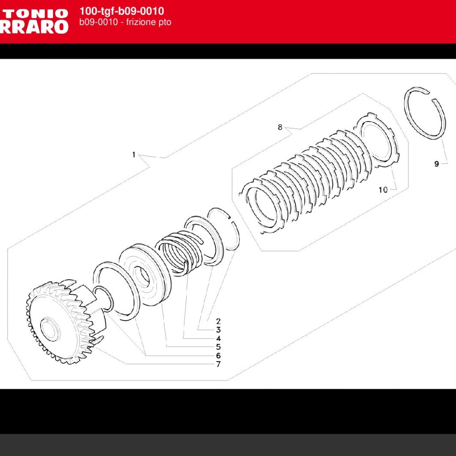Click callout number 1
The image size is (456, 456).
click(134, 155)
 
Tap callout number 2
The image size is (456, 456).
click(218, 321)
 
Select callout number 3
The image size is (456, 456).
click(218, 330)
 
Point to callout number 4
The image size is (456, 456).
click(218, 338)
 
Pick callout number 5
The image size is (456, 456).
click(218, 347)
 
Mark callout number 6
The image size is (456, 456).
click(218, 356)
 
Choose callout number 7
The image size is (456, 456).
click(218, 364)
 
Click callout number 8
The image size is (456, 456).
click(280, 127)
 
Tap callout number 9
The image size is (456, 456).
click(437, 164)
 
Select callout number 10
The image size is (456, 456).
click(383, 190)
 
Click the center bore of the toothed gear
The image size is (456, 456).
click(50, 328)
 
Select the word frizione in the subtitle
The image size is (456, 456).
click(135, 22)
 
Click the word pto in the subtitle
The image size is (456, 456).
click(164, 22)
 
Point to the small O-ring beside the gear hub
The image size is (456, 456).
click(104, 299)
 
